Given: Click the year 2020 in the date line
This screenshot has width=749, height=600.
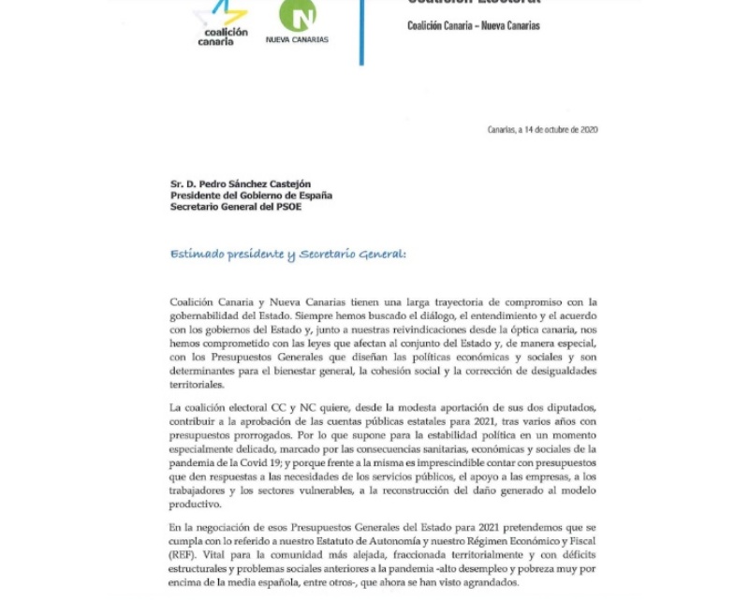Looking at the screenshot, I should [589, 130].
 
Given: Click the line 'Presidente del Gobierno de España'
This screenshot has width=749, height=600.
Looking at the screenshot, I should [251, 196].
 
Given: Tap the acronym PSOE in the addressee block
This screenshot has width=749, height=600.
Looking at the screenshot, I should [288, 207].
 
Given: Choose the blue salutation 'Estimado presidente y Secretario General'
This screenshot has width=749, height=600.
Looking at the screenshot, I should [288, 254].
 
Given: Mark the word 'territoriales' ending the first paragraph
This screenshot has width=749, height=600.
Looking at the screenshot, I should [198, 384].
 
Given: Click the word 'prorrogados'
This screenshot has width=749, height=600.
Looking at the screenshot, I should [248, 434].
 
